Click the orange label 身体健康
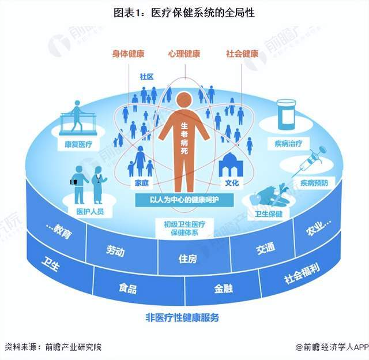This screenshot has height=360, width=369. [x=128, y=54]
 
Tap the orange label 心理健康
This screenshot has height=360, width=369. [x=184, y=54]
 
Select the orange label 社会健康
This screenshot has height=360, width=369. [x=242, y=54]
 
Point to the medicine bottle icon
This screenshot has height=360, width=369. [x=286, y=114]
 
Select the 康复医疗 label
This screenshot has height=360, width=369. [x=78, y=144]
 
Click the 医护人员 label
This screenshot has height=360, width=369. [x=90, y=211]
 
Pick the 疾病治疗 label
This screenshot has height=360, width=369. [x=288, y=144]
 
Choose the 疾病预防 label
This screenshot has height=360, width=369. [x=314, y=183]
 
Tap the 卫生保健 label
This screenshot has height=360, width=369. [x=269, y=214]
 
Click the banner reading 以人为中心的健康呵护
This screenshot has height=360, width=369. [x=184, y=200]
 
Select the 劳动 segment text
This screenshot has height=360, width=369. [x=115, y=251]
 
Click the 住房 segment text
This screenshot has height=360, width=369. [x=187, y=259]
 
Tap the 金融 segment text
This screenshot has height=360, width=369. [x=223, y=288]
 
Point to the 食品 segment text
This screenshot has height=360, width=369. [x=128, y=288]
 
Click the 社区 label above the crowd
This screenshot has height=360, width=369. [x=146, y=77]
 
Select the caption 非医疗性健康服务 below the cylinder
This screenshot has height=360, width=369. [x=182, y=318]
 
